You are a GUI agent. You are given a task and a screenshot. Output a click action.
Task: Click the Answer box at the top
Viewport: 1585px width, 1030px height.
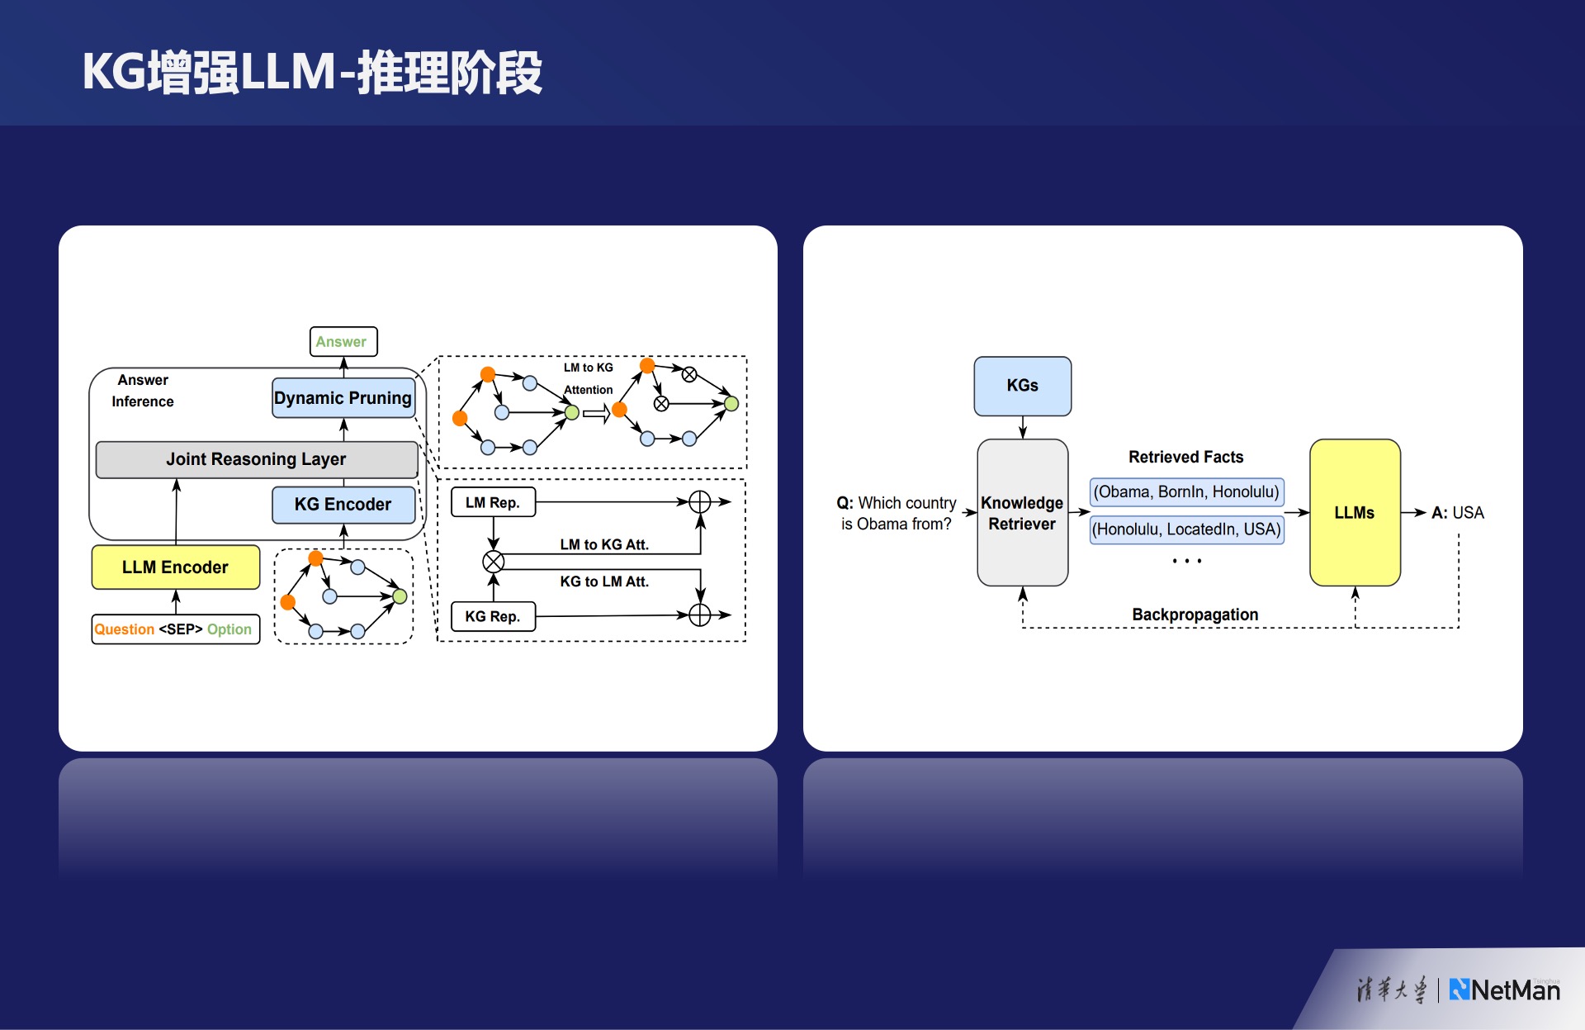343,341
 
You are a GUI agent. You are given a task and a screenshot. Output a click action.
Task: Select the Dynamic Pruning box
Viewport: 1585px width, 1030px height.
343,398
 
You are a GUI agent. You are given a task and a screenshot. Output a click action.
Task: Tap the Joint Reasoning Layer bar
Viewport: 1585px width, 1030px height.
257,459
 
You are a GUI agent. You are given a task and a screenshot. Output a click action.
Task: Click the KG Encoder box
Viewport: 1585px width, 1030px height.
343,505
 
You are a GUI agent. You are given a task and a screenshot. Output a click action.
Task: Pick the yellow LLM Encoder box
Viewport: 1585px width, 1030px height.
176,567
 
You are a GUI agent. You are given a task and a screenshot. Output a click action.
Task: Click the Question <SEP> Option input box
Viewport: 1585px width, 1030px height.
175,629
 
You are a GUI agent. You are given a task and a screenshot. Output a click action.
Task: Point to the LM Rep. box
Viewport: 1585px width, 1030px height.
493,502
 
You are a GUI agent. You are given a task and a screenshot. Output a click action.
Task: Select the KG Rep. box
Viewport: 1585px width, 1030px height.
493,616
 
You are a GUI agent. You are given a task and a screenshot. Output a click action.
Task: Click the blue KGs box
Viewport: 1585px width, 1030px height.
1022,386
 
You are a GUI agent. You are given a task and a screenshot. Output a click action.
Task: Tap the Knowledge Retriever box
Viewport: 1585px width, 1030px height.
1022,513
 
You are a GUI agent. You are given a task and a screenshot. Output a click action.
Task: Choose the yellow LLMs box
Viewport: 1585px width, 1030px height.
1355,513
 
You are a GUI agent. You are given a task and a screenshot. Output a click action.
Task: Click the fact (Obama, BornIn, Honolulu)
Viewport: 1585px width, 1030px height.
1186,492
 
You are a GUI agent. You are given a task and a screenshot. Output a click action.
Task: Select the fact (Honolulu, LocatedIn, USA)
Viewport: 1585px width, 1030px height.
1186,529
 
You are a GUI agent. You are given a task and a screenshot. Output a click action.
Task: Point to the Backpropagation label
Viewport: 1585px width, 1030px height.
1195,615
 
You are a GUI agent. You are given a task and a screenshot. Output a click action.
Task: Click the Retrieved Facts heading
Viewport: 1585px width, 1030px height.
1185,457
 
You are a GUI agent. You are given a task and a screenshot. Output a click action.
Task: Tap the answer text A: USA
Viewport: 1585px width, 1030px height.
1457,513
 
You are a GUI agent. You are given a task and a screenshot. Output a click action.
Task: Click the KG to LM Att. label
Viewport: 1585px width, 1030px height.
604,581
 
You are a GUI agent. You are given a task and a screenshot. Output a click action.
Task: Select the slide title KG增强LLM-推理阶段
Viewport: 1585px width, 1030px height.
312,72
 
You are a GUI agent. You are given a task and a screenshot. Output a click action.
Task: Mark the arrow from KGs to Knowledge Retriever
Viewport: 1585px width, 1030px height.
1023,427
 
